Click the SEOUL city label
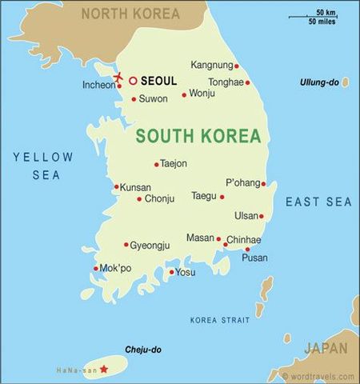158,81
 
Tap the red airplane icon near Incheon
120,78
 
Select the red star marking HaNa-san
102,369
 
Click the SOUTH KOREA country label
198,135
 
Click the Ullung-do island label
318,82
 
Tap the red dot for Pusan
247,249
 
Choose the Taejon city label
174,164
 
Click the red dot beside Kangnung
237,66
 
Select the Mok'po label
116,269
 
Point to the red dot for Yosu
171,272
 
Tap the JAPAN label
325,348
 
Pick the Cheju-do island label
143,350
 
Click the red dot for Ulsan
261,216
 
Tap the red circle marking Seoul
133,81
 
